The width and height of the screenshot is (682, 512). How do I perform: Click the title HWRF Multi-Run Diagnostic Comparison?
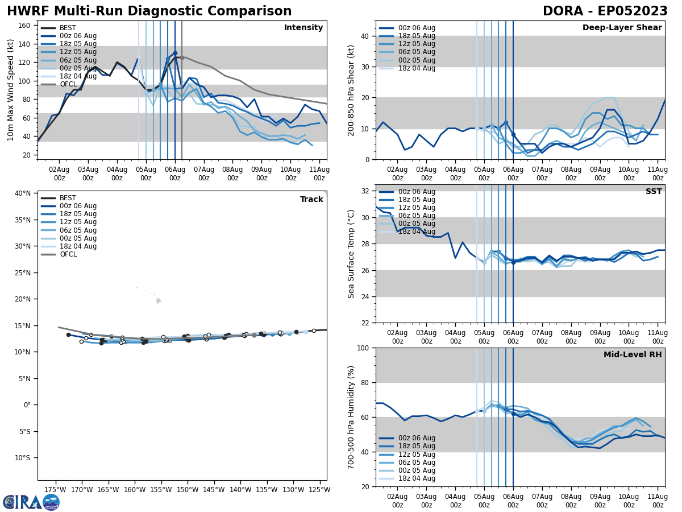click(149, 11)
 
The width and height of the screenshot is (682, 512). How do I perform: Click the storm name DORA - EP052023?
click(605, 11)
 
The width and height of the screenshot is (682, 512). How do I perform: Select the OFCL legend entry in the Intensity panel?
click(68, 84)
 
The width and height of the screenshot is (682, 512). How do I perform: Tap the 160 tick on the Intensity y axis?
click(26, 26)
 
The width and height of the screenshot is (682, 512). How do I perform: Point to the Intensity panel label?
click(303, 28)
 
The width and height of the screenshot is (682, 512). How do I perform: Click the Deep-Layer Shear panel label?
click(622, 28)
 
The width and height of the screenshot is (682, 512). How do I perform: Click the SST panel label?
click(653, 192)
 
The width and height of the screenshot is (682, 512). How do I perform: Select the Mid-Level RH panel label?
click(633, 355)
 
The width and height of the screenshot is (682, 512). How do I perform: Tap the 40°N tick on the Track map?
click(23, 193)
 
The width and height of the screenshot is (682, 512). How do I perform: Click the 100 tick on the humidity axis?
click(363, 348)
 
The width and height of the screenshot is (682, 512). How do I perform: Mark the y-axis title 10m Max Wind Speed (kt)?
click(11, 90)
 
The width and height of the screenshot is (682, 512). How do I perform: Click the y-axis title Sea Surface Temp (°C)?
click(351, 254)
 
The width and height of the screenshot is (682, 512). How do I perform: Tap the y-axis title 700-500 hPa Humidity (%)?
click(351, 417)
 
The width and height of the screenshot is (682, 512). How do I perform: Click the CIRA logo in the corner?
click(31, 502)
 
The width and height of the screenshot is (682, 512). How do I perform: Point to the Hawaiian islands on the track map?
click(158, 300)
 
